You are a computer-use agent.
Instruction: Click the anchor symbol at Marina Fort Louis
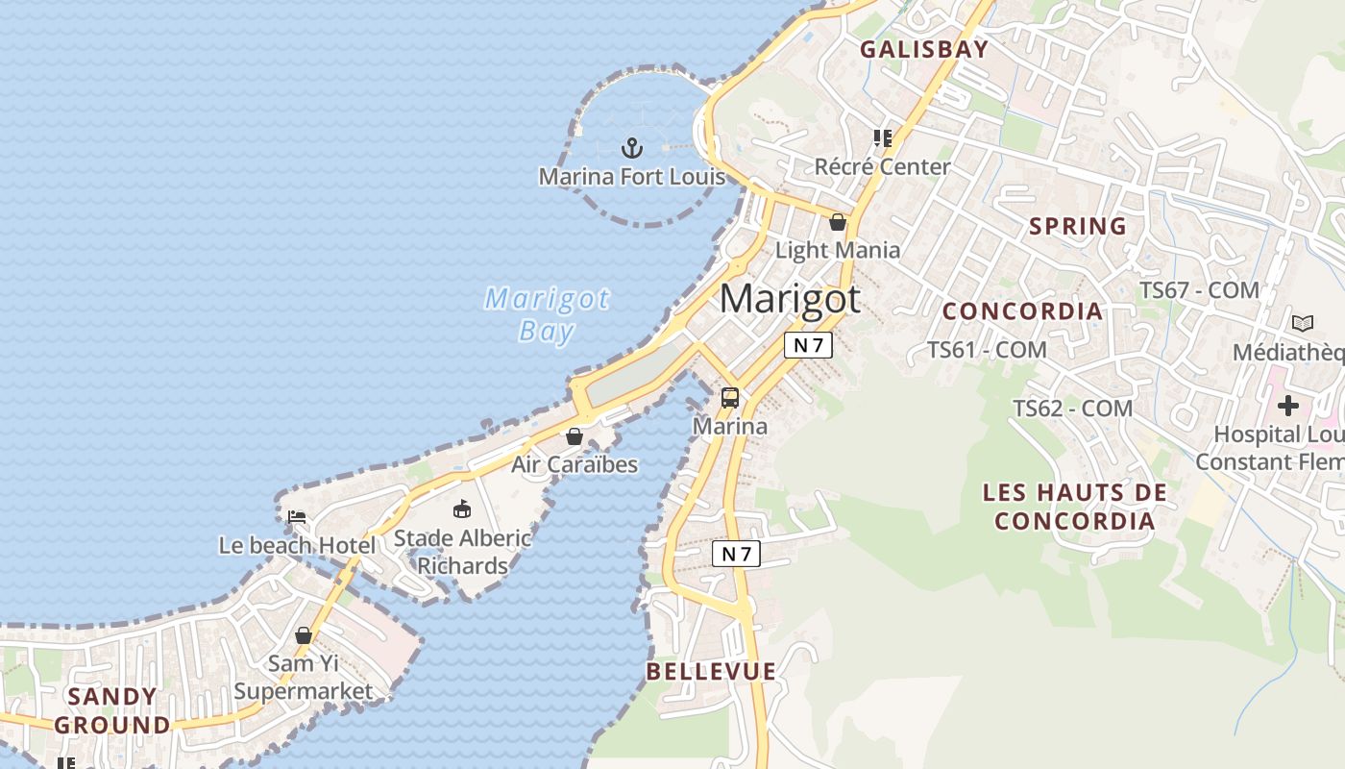[631, 148]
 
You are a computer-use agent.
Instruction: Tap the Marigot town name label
[790, 299]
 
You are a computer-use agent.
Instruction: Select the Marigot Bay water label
[547, 314]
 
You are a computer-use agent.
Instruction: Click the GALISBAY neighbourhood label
[923, 50]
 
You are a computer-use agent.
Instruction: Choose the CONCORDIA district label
[1022, 311]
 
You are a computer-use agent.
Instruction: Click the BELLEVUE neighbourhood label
[711, 671]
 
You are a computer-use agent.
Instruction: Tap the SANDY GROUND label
[112, 710]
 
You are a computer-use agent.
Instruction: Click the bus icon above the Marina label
[730, 397]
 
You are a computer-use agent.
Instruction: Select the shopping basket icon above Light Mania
[838, 222]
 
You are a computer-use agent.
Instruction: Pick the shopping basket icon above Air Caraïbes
[575, 436]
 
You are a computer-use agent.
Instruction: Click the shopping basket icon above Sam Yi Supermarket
[304, 635]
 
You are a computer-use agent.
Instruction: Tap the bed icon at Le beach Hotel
[297, 517]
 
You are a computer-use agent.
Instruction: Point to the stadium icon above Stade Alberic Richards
[462, 509]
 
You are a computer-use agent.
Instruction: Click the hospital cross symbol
[1287, 406]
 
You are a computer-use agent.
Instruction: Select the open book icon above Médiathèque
[1303, 323]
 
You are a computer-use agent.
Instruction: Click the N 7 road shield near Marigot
[808, 345]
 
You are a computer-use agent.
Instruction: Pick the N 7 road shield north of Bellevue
[736, 554]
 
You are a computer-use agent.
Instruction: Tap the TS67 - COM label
[1199, 290]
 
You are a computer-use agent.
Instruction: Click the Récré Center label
[882, 167]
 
